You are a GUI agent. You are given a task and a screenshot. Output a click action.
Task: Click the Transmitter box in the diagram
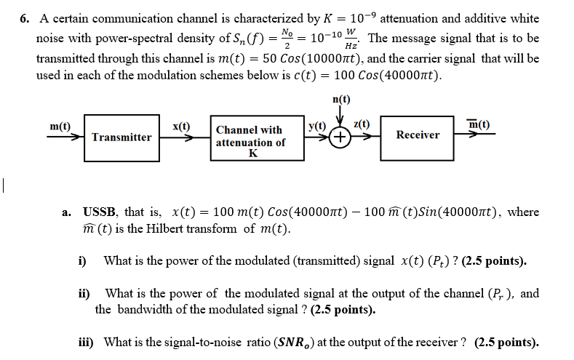(121, 137)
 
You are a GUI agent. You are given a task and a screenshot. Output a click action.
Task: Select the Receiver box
(418, 135)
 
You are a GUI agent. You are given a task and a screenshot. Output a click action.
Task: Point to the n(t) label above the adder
(340, 99)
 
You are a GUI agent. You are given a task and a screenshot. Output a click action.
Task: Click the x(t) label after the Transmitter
(181, 125)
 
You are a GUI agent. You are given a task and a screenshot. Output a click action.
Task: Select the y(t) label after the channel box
(317, 125)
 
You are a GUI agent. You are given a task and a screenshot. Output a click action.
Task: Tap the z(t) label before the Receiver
(362, 125)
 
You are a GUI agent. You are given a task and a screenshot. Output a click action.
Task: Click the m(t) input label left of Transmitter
(60, 125)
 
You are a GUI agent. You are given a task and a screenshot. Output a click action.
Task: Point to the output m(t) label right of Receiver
(478, 125)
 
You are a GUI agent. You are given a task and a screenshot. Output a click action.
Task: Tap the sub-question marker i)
(82, 260)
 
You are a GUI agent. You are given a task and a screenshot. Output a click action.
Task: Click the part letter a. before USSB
(66, 212)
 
